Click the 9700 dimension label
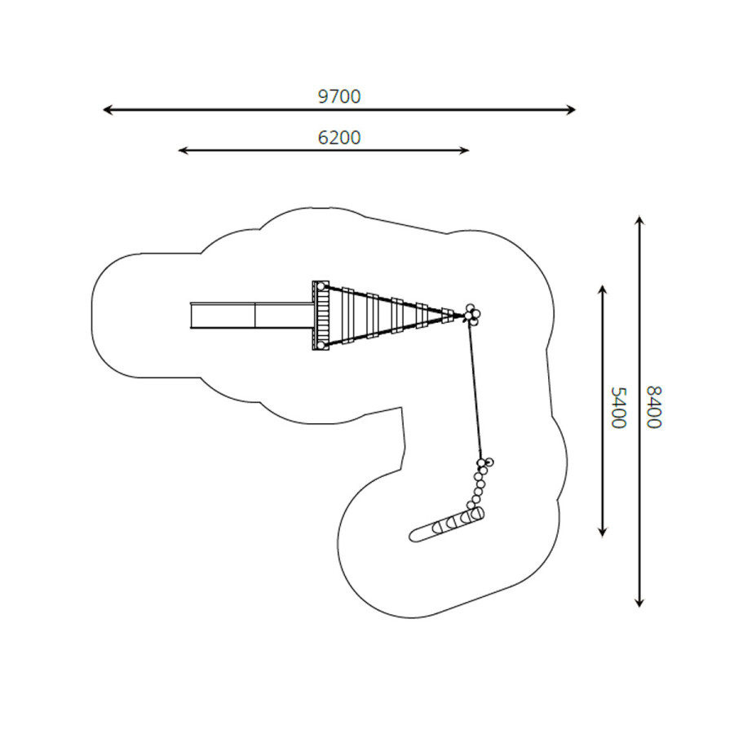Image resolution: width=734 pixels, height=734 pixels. tap(339, 96)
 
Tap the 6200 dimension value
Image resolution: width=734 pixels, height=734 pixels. tap(339, 138)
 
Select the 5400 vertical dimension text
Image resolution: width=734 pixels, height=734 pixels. tap(618, 407)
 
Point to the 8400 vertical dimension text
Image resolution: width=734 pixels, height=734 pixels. tap(653, 407)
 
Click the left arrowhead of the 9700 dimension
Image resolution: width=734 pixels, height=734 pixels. tap(107, 110)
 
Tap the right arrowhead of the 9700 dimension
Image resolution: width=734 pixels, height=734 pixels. tap(571, 110)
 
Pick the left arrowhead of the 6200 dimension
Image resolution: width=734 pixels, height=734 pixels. tap(183, 150)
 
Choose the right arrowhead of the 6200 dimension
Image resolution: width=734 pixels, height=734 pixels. tap(464, 150)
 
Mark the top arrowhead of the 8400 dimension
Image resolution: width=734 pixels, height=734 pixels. tap(639, 220)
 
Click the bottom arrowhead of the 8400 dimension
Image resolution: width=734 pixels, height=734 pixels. tap(639, 603)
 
